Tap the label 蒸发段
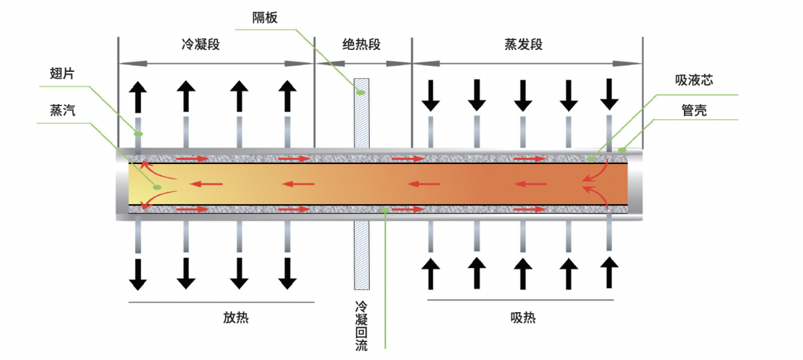(523, 45)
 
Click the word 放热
(235, 318)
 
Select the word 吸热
(523, 318)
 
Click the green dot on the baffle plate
(361, 91)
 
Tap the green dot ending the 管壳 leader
(622, 149)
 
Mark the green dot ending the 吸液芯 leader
(590, 159)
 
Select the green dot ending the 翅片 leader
(138, 133)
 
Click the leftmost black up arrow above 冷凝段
(138, 96)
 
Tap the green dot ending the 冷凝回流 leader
(385, 208)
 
